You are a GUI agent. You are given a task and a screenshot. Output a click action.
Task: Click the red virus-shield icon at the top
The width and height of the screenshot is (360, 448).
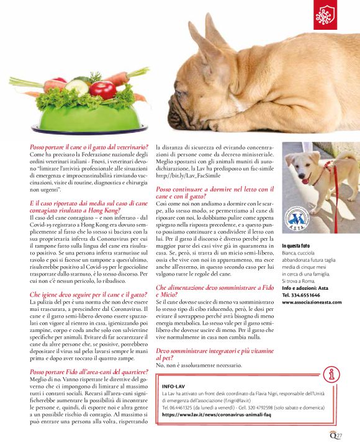click(325, 17)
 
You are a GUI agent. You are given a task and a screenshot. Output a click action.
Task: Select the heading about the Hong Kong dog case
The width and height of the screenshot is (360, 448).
click(88, 207)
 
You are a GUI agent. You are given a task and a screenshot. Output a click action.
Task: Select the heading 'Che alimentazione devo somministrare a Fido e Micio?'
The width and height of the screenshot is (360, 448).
click(214, 291)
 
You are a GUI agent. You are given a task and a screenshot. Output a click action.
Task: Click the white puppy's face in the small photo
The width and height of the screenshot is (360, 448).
click(307, 161)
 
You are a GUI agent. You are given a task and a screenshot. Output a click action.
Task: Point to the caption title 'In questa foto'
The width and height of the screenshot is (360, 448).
click(299, 246)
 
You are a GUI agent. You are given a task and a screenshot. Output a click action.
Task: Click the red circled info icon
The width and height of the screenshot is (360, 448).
click(333, 374)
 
